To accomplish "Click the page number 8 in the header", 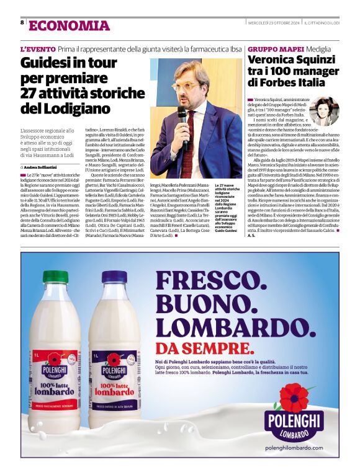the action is click(x=23, y=22).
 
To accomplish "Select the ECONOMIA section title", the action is click(x=69, y=25).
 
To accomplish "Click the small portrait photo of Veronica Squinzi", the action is click(x=324, y=111).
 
